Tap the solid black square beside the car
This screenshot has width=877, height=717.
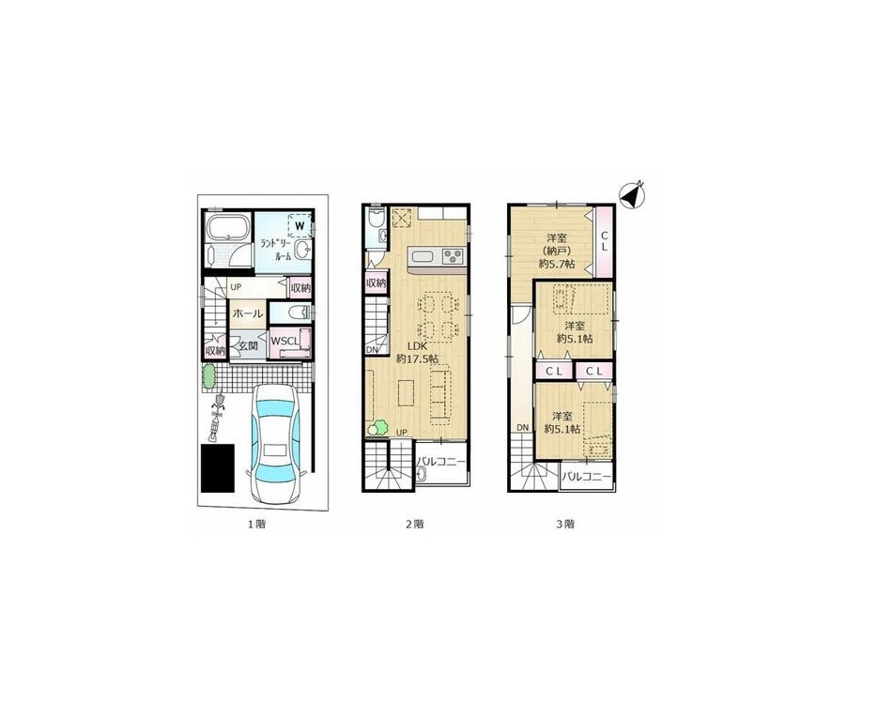(218, 468)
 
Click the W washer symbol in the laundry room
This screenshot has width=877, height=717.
(300, 226)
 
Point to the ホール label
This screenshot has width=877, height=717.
(247, 313)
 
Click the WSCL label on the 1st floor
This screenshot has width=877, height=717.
(285, 341)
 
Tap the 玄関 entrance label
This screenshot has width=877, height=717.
(248, 346)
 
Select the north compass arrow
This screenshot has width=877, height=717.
(633, 195)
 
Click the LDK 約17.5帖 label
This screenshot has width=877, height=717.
(417, 353)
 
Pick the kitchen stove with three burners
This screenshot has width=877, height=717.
(454, 256)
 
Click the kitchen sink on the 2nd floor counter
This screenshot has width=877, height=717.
(423, 258)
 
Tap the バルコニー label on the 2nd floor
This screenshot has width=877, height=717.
(440, 462)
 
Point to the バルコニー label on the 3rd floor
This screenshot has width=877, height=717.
(587, 477)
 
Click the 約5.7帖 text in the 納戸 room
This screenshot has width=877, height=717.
(557, 265)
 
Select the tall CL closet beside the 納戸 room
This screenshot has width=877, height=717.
(604, 241)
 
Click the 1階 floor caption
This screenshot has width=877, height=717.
(256, 525)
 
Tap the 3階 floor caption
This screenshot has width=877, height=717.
(565, 525)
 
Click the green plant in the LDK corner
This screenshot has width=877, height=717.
(377, 428)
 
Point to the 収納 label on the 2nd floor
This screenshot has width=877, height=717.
(376, 283)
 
